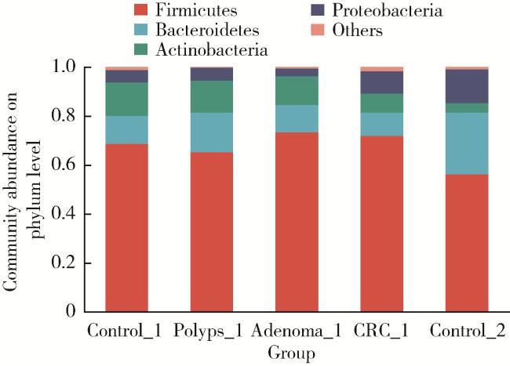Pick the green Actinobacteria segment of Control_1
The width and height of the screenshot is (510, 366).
click(126, 99)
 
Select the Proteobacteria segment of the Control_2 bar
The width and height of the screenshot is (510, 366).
click(467, 86)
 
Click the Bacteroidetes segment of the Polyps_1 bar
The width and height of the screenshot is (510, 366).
click(211, 132)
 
